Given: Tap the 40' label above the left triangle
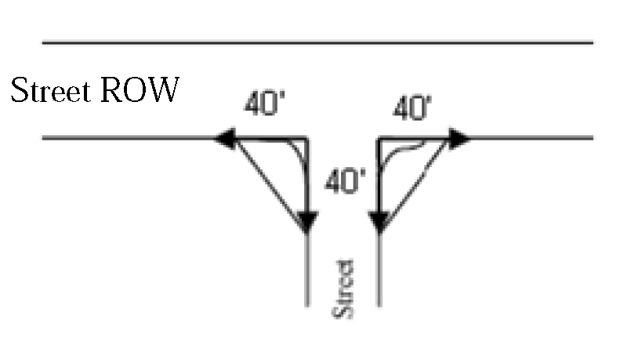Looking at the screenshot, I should pyautogui.click(x=262, y=104).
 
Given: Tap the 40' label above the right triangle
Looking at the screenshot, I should pyautogui.click(x=412, y=108).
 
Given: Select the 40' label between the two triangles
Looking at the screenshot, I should pyautogui.click(x=345, y=183).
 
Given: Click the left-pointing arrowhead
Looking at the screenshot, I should pyautogui.click(x=225, y=140).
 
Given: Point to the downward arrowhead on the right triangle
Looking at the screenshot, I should pyautogui.click(x=380, y=222).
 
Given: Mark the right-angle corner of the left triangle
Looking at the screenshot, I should pyautogui.click(x=306, y=140).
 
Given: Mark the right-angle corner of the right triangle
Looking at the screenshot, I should pyautogui.click(x=379, y=140).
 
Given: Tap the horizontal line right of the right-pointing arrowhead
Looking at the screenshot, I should pyautogui.click(x=533, y=139).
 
